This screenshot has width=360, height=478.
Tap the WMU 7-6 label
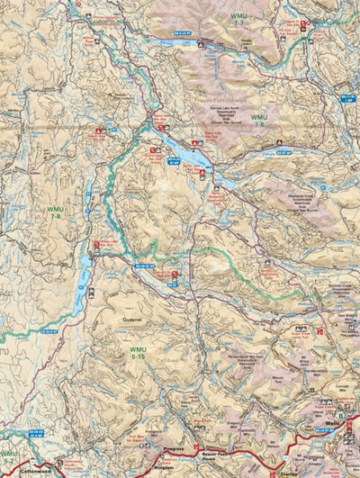click(x=259, y=121)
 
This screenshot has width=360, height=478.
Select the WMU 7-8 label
click(x=56, y=212)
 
